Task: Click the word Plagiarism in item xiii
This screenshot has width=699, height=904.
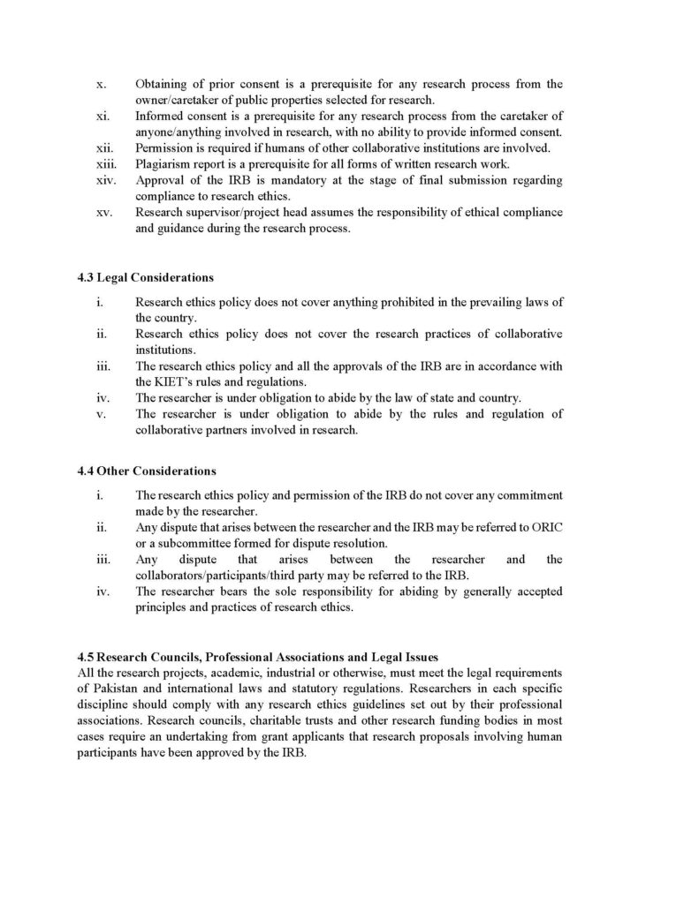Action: coord(163,163)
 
